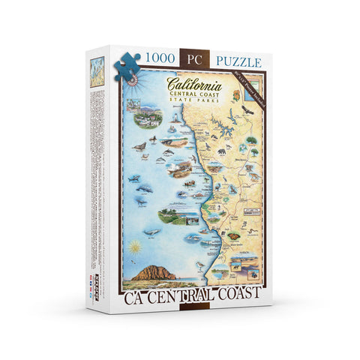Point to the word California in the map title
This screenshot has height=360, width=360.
[x=194, y=83]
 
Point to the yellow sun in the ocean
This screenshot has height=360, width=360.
[x=134, y=246]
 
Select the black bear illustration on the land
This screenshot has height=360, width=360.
[x=221, y=152]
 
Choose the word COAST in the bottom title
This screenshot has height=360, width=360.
[x=238, y=291]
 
